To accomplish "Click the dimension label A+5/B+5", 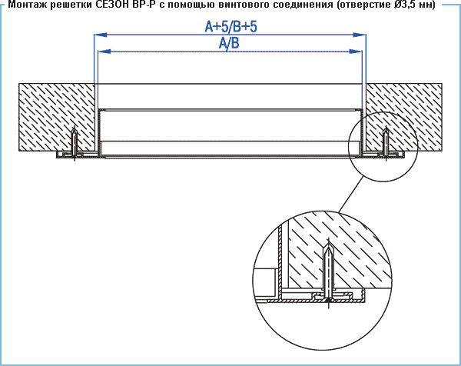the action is point(230,26).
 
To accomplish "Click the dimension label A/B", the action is point(229,43).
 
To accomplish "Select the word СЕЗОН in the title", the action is point(114,5).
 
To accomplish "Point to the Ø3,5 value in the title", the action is point(406,5).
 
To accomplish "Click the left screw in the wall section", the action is point(75,144).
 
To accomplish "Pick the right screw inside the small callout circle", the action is point(386,143).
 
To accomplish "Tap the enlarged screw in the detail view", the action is point(328,274).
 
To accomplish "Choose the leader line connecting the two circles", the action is point(351,195).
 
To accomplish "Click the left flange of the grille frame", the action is point(77,155).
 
